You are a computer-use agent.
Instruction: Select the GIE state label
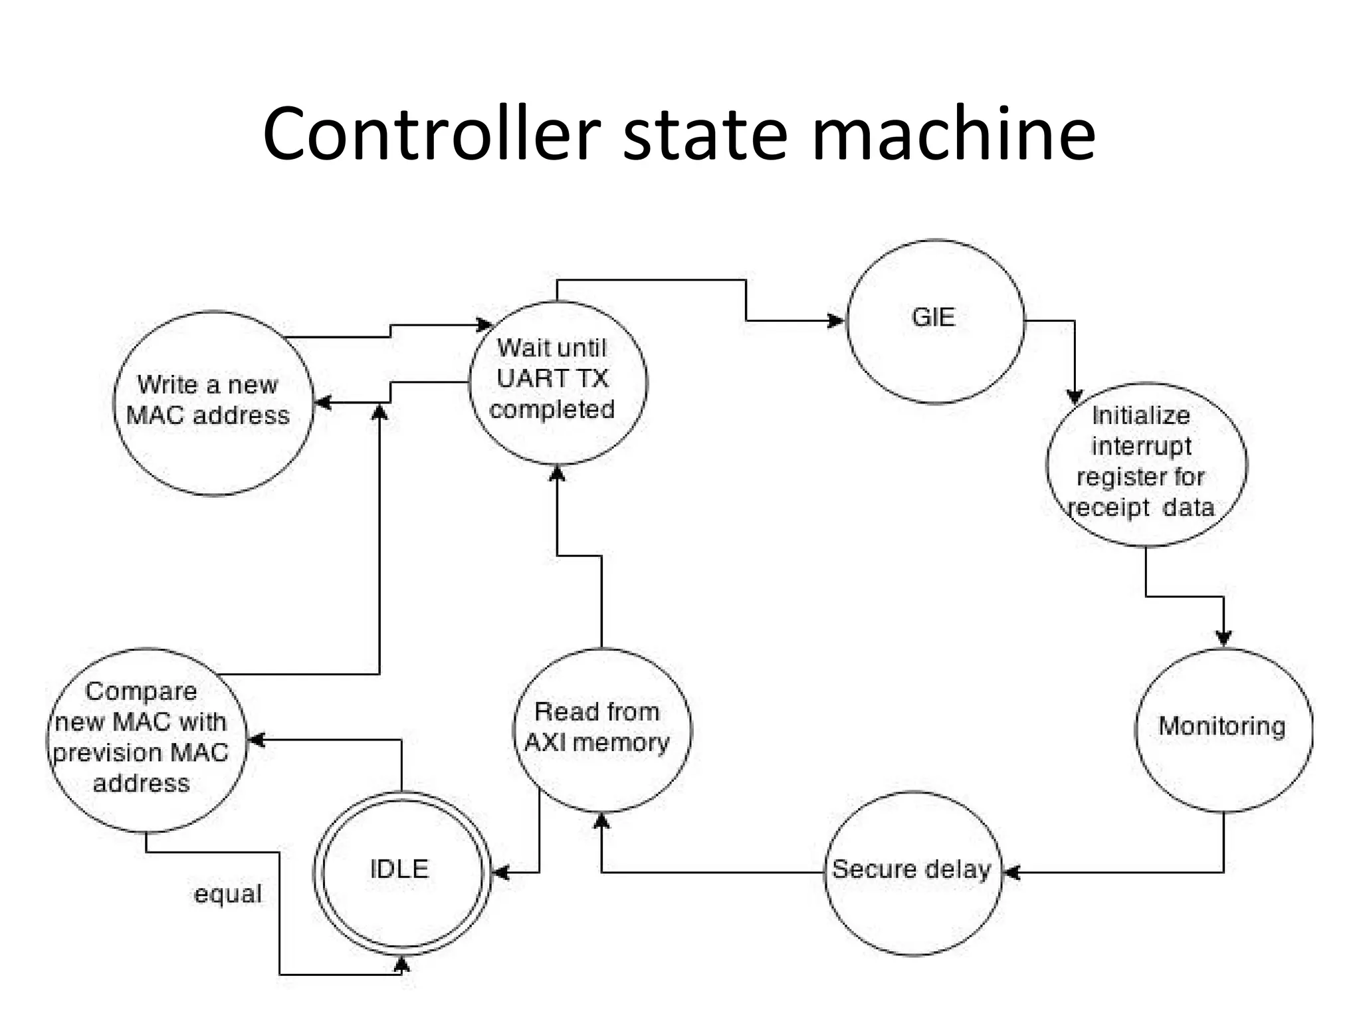pyautogui.click(x=933, y=318)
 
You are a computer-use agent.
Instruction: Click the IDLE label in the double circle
pyautogui.click(x=399, y=869)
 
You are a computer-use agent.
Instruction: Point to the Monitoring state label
pyautogui.click(x=1221, y=726)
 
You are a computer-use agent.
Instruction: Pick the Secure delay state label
pyautogui.click(x=911, y=869)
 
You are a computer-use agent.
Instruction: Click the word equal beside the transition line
pyautogui.click(x=227, y=894)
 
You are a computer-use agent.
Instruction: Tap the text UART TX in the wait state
pyautogui.click(x=552, y=378)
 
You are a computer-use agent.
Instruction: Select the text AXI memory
pyautogui.click(x=597, y=742)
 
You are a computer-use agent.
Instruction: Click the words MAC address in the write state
pyautogui.click(x=208, y=415)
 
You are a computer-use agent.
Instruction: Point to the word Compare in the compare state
pyautogui.click(x=141, y=691)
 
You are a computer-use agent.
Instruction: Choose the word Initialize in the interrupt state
pyautogui.click(x=1140, y=415)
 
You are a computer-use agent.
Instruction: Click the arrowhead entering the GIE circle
pyautogui.click(x=835, y=321)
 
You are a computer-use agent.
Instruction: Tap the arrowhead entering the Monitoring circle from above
pyautogui.click(x=1223, y=637)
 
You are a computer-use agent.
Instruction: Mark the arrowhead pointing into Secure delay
pyautogui.click(x=1012, y=872)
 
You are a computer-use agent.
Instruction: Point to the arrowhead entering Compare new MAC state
pyautogui.click(x=257, y=740)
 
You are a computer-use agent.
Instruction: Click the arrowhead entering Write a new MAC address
pyautogui.click(x=323, y=403)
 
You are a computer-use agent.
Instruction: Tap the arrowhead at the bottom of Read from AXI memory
pyautogui.click(x=601, y=822)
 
